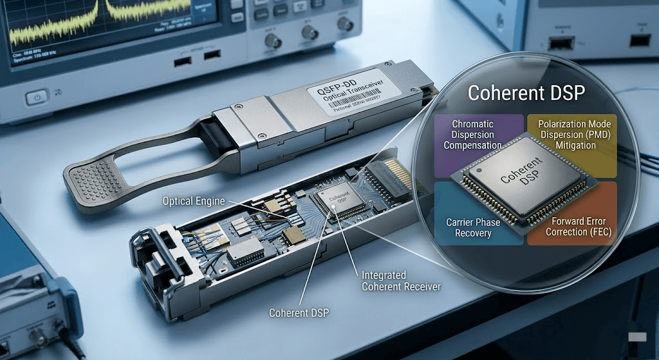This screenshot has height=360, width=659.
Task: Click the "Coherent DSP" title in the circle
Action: click(526, 93)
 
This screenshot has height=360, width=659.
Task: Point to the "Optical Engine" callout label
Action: click(194, 201)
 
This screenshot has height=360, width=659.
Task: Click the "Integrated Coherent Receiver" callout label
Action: click(401, 281)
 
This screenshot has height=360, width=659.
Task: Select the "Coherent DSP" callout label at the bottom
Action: click(299, 313)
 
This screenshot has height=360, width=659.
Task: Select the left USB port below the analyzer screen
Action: click(181, 61)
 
